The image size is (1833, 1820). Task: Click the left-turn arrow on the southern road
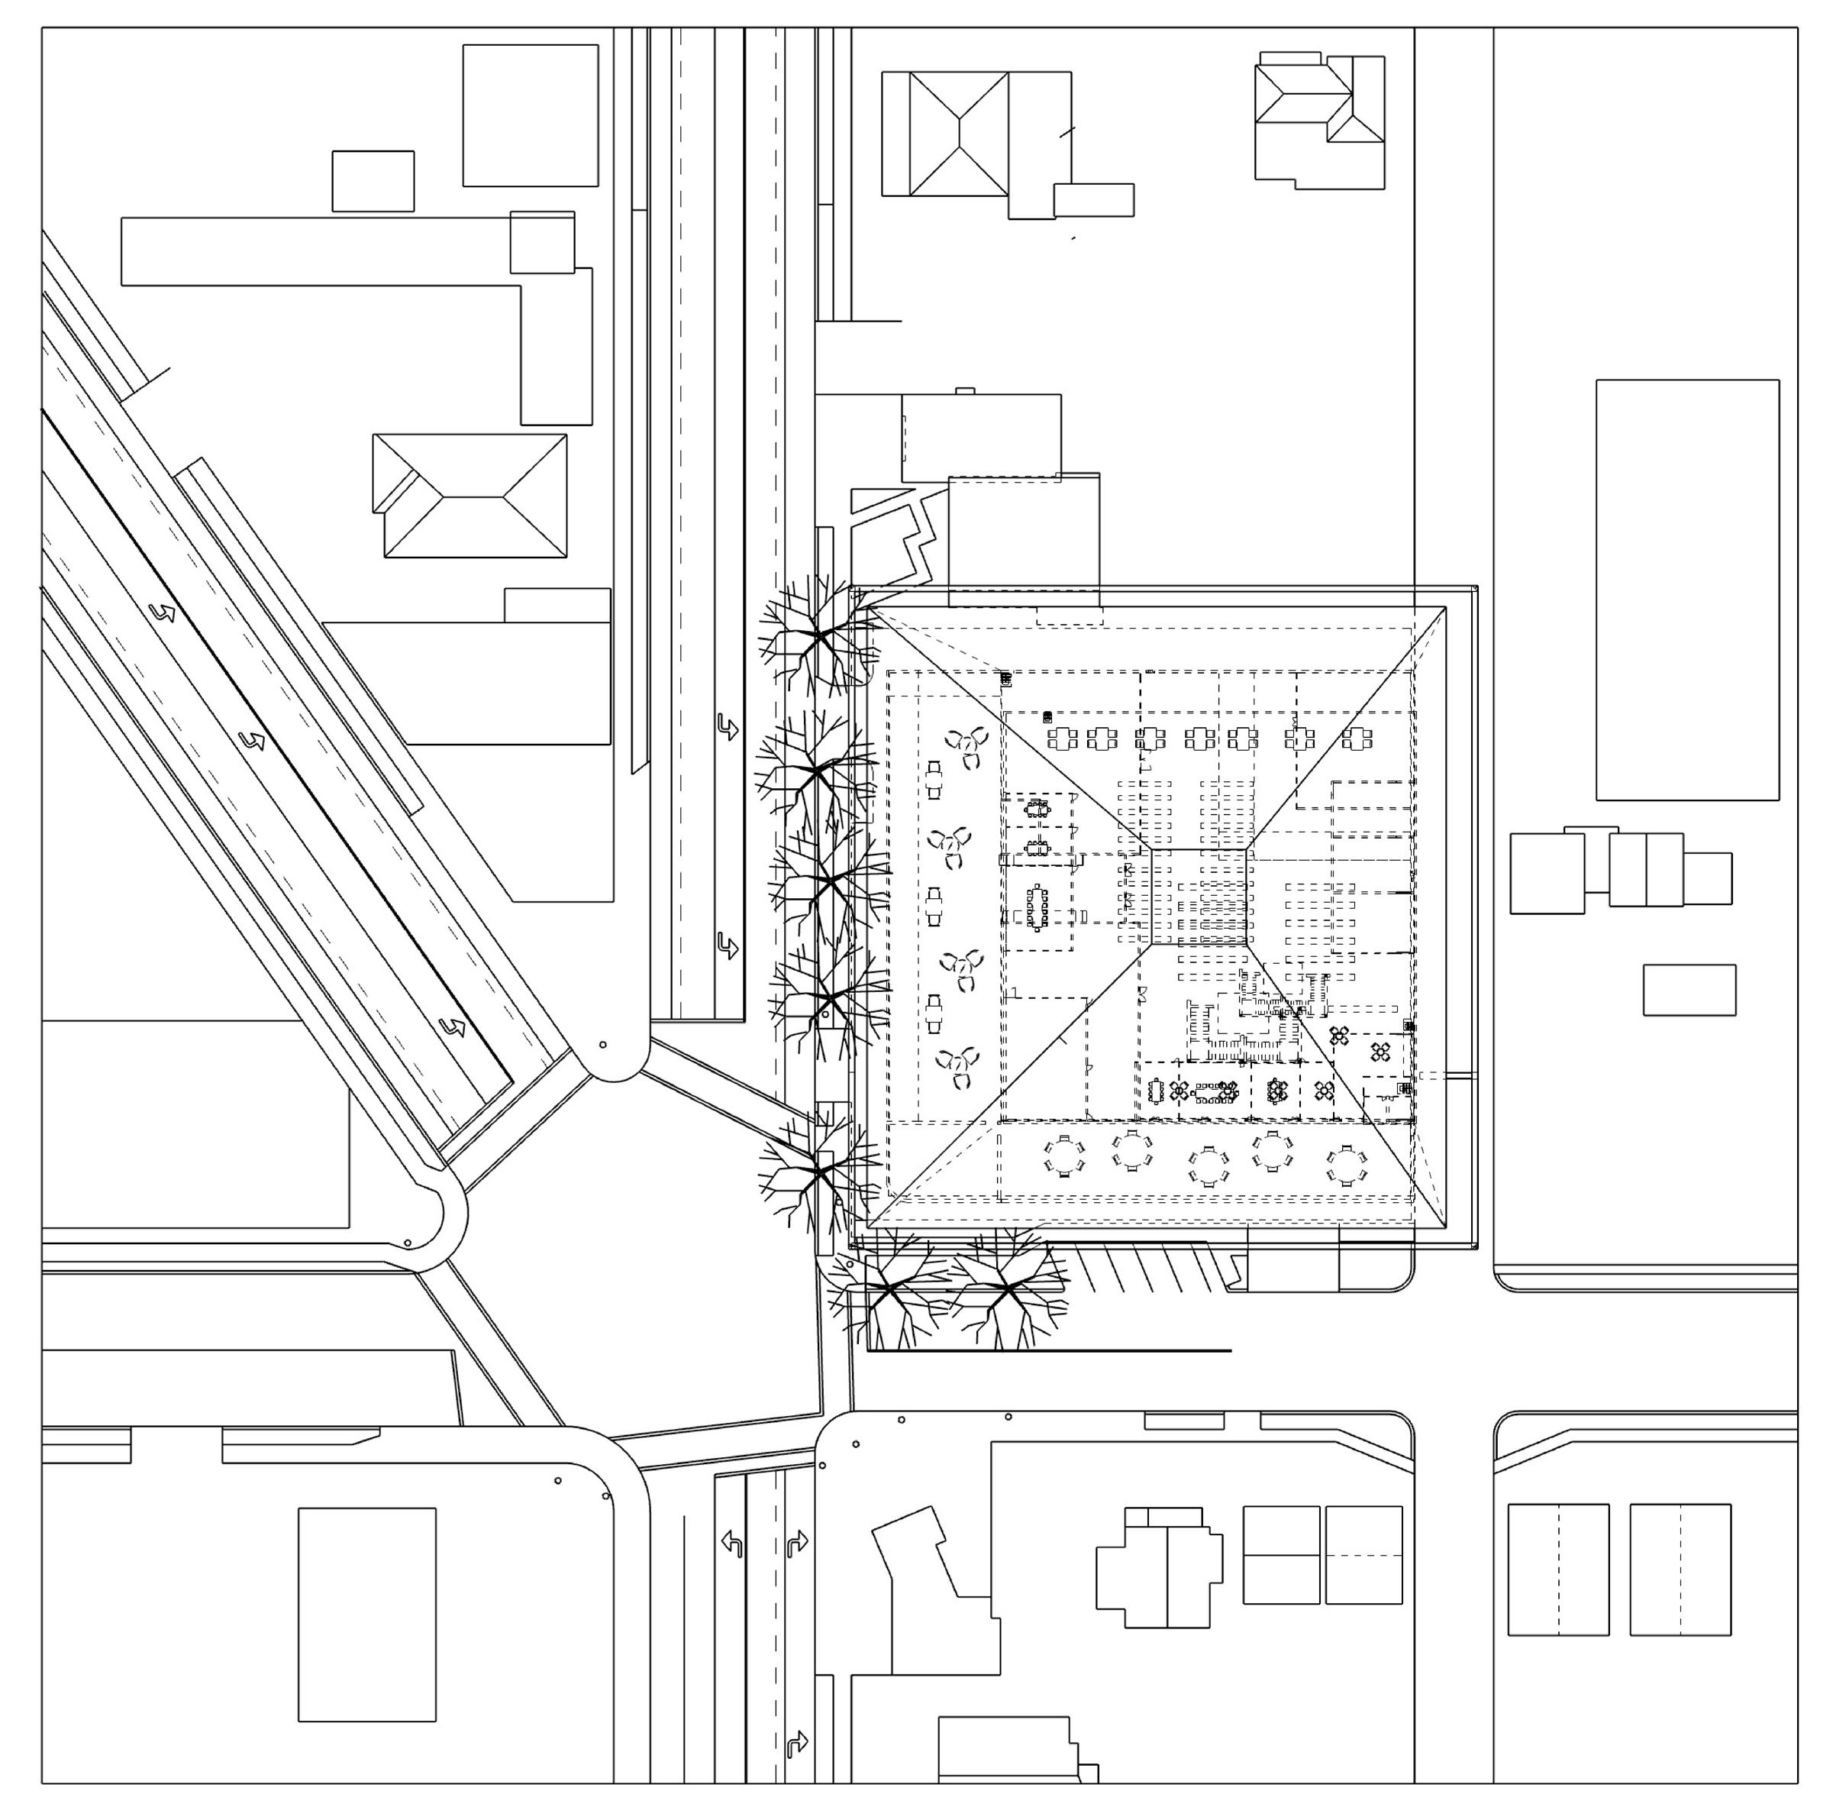(x=731, y=1543)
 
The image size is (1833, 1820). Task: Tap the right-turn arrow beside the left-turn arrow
(x=797, y=1543)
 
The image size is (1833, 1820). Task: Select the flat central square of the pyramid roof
(x=1199, y=897)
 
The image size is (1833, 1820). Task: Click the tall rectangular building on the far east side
(x=1687, y=590)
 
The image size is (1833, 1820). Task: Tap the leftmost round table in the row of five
(x=1064, y=1156)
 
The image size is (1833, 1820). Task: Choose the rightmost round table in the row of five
(x=1346, y=1165)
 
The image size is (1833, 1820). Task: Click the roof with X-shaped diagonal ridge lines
(x=958, y=134)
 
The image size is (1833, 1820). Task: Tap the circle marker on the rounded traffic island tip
(x=603, y=1045)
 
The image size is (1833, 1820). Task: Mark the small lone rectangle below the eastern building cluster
(x=1689, y=990)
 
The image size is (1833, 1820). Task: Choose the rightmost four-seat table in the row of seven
(x=1357, y=737)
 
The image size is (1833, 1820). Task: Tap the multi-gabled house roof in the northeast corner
(x=1318, y=118)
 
